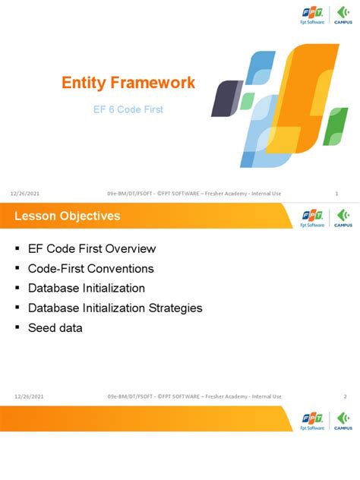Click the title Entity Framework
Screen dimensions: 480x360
pos(128,82)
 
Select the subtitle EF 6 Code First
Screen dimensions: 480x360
pos(128,110)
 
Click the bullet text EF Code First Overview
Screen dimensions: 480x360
pos(92,248)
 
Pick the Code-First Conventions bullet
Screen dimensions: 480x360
pos(90,268)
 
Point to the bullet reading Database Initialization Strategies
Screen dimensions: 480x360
pos(115,308)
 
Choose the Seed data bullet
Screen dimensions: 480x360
pos(55,327)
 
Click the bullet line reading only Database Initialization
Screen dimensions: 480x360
pos(86,288)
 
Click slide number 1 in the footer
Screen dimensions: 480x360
pos(336,194)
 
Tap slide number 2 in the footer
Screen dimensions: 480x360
pos(344,396)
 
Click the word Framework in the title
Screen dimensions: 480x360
pos(160,82)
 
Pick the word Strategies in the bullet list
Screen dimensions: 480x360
pos(175,308)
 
